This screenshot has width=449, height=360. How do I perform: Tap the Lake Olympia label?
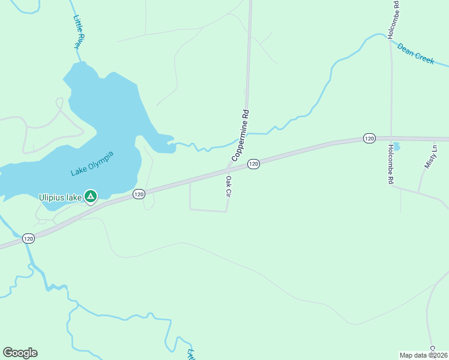pos(92,164)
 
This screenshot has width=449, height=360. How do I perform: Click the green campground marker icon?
pos(90,196)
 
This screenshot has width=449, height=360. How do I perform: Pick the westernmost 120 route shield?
pos(29,239)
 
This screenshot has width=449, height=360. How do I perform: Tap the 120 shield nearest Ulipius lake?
pos(139,194)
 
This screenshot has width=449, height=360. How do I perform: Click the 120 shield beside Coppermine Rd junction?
pos(253,164)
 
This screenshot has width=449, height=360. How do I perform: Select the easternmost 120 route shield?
pos(369,139)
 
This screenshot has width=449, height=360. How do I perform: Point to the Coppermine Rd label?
pos(240,135)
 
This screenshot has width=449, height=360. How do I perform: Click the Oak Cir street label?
pos(228,186)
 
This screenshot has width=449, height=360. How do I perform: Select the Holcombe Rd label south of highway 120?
pos(391,164)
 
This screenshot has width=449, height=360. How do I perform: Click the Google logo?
pos(20,353)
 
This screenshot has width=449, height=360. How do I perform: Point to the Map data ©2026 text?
pos(423,355)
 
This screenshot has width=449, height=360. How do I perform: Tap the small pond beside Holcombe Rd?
pos(396,145)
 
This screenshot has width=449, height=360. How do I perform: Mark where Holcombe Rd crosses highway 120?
pos(391,138)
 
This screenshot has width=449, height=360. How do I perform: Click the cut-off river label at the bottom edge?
pos(191,355)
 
